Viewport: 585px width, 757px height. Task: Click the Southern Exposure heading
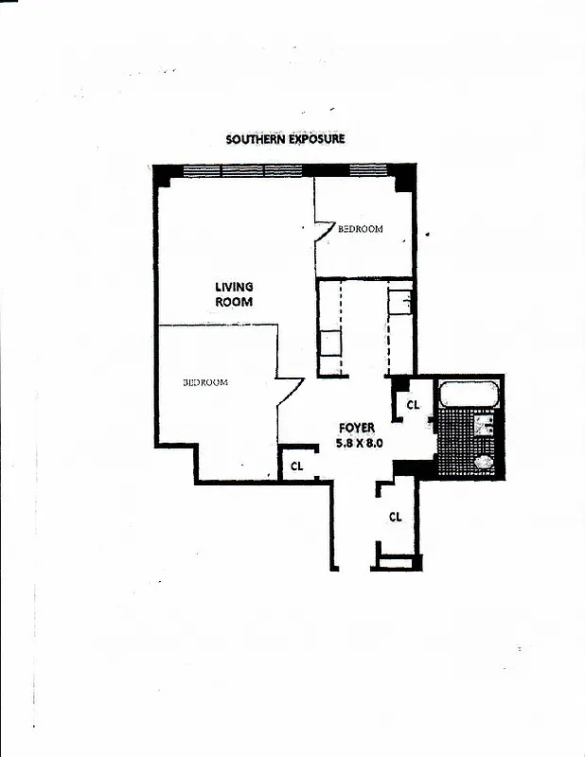click(285, 139)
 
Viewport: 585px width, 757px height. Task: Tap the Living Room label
click(234, 294)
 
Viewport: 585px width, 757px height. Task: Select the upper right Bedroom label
click(361, 229)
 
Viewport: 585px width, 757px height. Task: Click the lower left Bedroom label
click(205, 382)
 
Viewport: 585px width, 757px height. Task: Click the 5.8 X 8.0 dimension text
click(358, 442)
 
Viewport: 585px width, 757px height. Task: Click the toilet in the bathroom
click(484, 462)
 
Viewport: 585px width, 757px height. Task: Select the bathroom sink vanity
click(487, 425)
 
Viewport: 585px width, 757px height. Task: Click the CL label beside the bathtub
click(413, 405)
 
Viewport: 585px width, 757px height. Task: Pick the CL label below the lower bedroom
click(296, 466)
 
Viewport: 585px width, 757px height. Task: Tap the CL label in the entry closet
click(396, 517)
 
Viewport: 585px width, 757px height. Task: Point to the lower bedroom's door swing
click(289, 390)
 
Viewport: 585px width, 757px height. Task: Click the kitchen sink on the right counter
click(399, 303)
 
